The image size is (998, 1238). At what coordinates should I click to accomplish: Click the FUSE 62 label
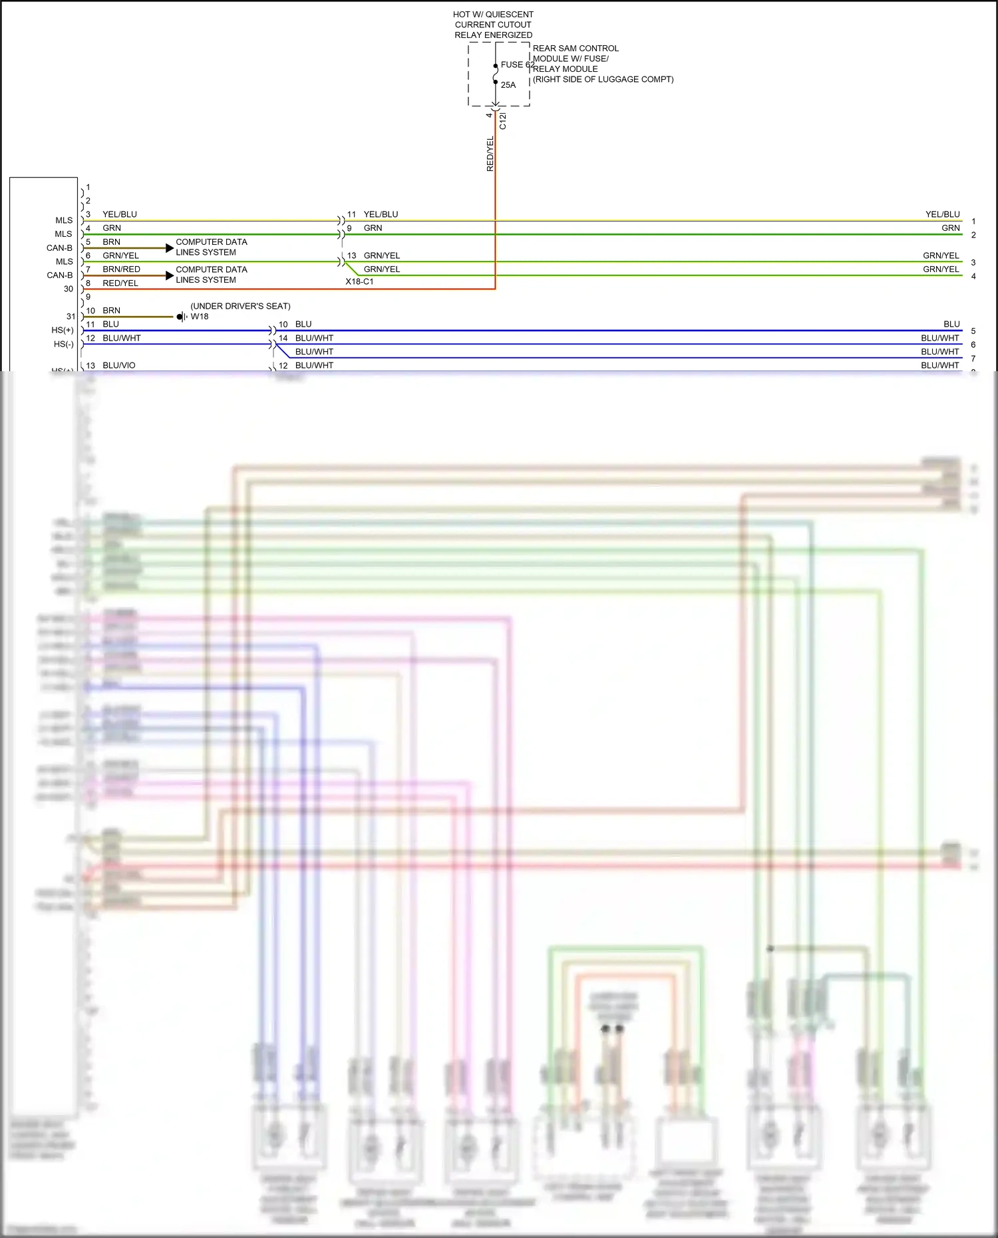[x=517, y=65]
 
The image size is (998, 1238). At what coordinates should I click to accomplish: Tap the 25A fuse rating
[x=508, y=85]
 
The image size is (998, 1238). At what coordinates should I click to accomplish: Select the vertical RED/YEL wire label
[x=490, y=154]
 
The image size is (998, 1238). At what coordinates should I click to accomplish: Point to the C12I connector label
[x=503, y=121]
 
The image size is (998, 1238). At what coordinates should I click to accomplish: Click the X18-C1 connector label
[x=359, y=282]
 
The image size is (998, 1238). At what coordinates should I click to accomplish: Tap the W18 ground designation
[x=200, y=317]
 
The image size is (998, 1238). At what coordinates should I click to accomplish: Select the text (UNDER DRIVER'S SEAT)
[x=240, y=306]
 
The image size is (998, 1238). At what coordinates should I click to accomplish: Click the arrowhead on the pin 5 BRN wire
[x=170, y=248]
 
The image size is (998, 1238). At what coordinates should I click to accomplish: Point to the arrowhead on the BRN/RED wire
[x=170, y=275]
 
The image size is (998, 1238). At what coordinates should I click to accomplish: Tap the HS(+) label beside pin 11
[x=63, y=331]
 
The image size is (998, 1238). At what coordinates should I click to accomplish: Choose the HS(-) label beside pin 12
[x=64, y=345]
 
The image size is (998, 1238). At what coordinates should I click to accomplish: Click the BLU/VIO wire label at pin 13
[x=119, y=365]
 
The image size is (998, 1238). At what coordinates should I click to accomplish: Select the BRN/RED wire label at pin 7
[x=121, y=269]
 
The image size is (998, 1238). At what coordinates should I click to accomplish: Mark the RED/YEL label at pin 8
[x=120, y=283]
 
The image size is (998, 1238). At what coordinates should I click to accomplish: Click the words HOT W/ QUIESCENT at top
[x=493, y=15]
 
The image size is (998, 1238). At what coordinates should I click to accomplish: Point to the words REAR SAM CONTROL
[x=576, y=49]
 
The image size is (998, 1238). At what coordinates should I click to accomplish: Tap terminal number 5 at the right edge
[x=973, y=331]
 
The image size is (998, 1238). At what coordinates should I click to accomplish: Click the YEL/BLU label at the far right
[x=943, y=214]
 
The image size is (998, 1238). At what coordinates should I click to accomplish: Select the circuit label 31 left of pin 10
[x=71, y=317]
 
